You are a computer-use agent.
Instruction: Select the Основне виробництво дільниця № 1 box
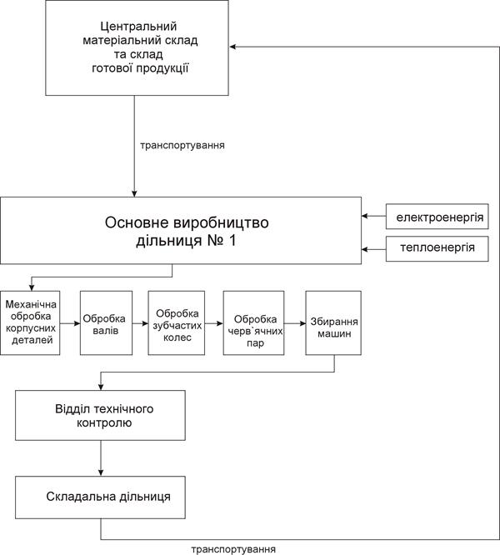coord(181,231)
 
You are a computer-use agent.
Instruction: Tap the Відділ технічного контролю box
coord(99,415)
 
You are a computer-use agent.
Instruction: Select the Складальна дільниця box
coord(99,496)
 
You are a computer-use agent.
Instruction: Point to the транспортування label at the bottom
coord(233,549)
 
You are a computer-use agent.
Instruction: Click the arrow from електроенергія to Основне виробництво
coord(374,217)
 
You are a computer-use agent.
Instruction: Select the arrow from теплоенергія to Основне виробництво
coord(374,247)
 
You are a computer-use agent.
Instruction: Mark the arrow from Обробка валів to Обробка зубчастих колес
coord(140,322)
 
